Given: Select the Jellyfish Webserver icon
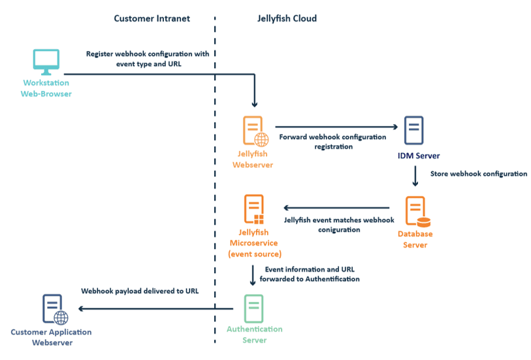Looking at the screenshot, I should (x=254, y=131).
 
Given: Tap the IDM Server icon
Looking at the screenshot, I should (x=415, y=131).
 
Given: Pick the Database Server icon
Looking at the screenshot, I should (x=415, y=210).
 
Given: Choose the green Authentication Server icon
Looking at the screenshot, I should (x=253, y=308).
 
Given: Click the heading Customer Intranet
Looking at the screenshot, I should (x=152, y=18).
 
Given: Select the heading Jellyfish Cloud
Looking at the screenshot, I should (x=287, y=18).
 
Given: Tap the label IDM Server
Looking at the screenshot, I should (x=419, y=156).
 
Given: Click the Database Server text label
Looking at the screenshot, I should (x=415, y=239).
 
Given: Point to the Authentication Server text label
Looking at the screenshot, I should (x=254, y=335).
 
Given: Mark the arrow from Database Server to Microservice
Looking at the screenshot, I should (x=336, y=208).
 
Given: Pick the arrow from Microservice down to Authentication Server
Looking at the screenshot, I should (x=253, y=275).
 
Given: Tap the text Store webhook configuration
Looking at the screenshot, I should (x=479, y=174).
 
